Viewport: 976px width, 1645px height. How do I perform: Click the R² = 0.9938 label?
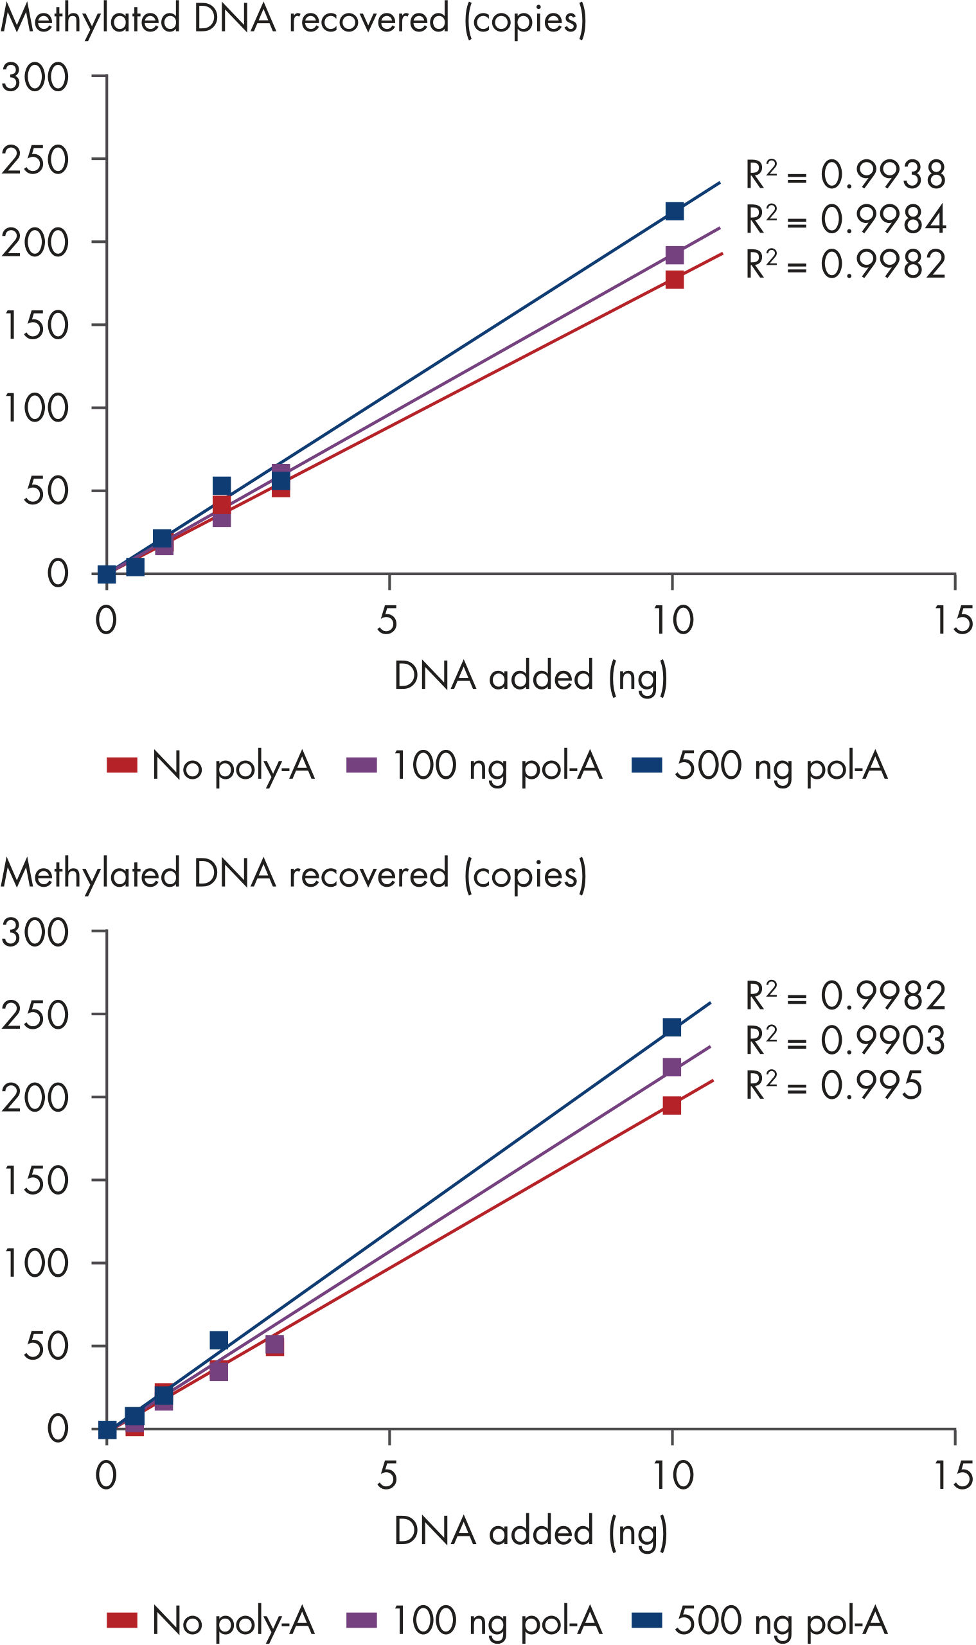845,175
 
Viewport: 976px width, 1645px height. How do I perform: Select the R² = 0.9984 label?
845,220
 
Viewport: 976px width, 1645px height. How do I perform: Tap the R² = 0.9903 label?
845,1040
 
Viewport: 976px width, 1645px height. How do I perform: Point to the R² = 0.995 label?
833,1085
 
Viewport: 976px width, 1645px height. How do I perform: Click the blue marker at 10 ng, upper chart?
674,211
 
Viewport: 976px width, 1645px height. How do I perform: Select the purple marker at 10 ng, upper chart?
674,255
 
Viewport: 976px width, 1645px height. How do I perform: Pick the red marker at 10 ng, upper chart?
674,280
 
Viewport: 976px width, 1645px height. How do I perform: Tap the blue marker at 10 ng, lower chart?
671,1027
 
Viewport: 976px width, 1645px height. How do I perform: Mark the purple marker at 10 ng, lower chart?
671,1067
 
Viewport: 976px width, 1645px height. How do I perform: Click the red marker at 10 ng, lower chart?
671,1105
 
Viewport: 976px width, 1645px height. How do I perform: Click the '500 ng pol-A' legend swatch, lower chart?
646,1620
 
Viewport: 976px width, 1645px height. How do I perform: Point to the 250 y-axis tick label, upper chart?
35,160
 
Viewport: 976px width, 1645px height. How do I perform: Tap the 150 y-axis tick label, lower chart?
35,1180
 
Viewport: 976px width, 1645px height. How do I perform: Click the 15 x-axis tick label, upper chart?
953,620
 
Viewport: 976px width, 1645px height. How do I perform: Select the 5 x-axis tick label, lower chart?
387,1475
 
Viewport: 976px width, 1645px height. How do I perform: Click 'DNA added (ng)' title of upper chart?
530,676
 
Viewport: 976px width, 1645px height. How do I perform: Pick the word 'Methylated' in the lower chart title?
91,874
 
